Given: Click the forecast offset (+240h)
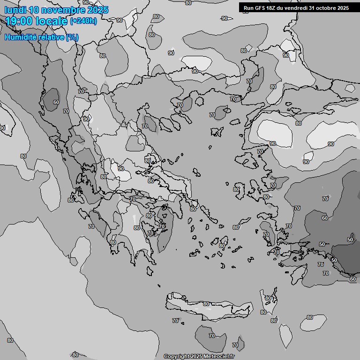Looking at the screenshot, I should pyautogui.click(x=83, y=21).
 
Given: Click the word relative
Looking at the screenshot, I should pyautogui.click(x=52, y=37).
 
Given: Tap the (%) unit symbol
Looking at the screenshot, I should pyautogui.click(x=72, y=37).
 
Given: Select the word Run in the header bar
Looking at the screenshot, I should pyautogui.click(x=249, y=8).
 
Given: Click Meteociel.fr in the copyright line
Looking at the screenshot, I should pyautogui.click(x=219, y=357).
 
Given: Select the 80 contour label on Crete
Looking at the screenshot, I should pyautogui.click(x=206, y=304).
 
